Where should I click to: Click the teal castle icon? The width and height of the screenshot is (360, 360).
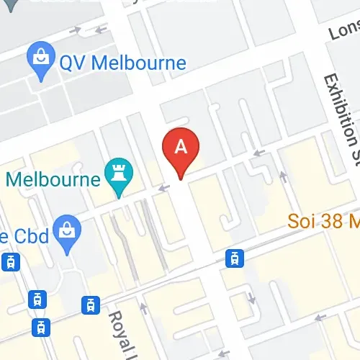tap(116, 173)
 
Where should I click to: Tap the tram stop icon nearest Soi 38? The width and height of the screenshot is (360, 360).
tap(234, 257)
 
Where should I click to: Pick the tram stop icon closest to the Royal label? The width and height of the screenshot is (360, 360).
tap(89, 305)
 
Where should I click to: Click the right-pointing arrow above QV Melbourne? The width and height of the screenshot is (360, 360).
tap(76, 30)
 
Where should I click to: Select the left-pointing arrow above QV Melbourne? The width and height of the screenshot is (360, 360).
tap(101, 30)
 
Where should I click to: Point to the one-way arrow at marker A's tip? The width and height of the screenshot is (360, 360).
tap(164, 189)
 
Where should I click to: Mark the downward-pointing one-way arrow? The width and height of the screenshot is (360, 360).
tap(251, 297)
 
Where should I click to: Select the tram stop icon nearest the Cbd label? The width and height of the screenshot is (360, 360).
tap(11, 262)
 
